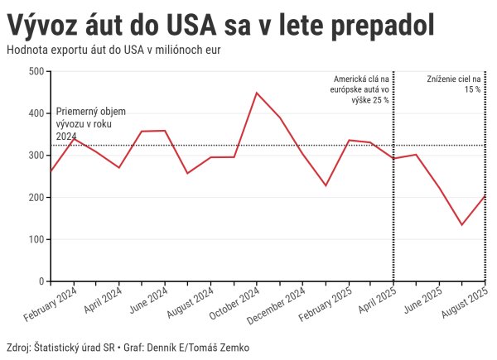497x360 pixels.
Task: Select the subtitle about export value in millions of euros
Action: click(117, 50)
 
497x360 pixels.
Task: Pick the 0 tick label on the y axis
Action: click(41, 281)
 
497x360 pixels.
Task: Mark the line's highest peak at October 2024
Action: click(257, 93)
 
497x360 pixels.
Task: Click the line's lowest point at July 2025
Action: click(461, 225)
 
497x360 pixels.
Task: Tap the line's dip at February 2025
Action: click(326, 185)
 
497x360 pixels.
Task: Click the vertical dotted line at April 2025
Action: click(393, 207)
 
